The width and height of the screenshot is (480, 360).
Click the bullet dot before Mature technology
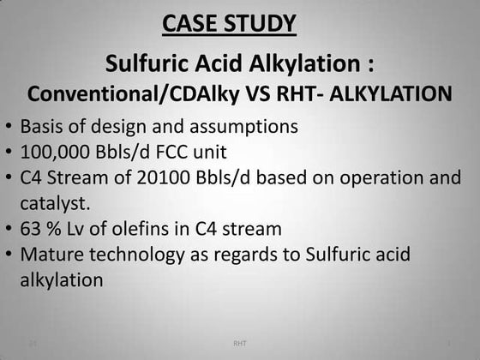click(8, 255)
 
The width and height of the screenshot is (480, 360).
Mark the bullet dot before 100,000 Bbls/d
click(8, 153)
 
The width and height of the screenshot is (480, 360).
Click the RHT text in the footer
click(240, 344)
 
